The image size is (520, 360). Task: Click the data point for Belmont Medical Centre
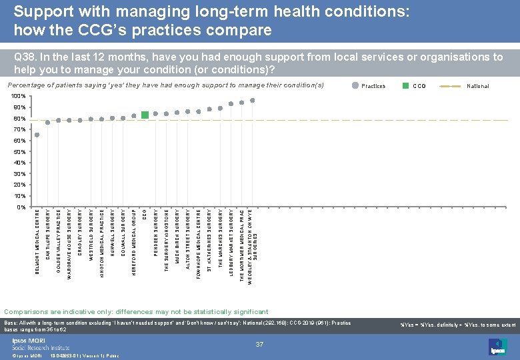[37, 135]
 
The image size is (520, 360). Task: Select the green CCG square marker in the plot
[145, 115]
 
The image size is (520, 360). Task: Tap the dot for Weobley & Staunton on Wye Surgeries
[252, 101]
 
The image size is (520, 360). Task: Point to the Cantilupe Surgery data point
[48, 123]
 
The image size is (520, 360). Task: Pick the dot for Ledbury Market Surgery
[231, 103]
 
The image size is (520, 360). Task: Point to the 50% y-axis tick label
[19, 152]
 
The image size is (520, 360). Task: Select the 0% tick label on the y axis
[21, 207]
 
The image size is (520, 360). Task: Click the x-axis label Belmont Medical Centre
[37, 241]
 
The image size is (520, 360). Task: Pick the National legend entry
[477, 86]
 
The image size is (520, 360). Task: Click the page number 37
[259, 344]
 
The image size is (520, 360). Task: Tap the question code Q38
[24, 58]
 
